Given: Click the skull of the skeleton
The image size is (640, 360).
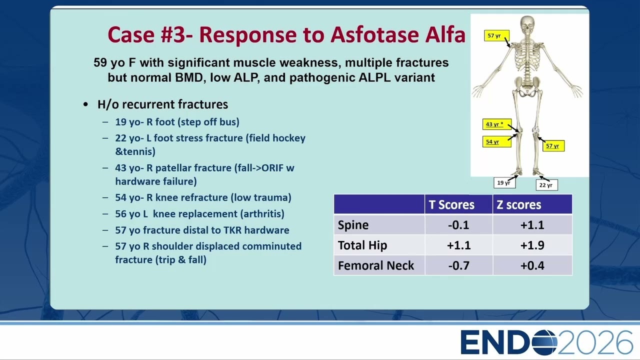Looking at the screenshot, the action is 527,25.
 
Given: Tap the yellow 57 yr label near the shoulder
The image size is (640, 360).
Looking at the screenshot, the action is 496,35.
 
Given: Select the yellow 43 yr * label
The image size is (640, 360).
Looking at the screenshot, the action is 497,124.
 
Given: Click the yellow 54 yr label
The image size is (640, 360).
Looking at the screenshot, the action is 497,141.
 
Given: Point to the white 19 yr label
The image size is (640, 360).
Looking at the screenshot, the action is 504,183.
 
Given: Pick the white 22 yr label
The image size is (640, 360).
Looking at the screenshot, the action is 546,185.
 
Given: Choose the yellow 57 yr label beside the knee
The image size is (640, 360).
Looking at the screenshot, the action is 553,145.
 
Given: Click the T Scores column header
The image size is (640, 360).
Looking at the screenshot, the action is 451,204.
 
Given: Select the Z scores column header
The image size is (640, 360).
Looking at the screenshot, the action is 518,204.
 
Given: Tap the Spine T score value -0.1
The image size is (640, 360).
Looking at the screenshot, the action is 458,225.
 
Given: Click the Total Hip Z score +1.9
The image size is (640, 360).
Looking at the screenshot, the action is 532,245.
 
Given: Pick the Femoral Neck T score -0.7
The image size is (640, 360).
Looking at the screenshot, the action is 458,265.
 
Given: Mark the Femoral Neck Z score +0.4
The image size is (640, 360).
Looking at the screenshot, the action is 532,265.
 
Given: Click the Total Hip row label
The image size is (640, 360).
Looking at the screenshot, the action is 362,245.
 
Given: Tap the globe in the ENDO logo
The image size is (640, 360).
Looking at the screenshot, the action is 544,342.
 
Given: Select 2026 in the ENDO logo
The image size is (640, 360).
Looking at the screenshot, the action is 595,342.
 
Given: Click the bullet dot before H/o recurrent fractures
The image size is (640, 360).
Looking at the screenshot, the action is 85,104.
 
